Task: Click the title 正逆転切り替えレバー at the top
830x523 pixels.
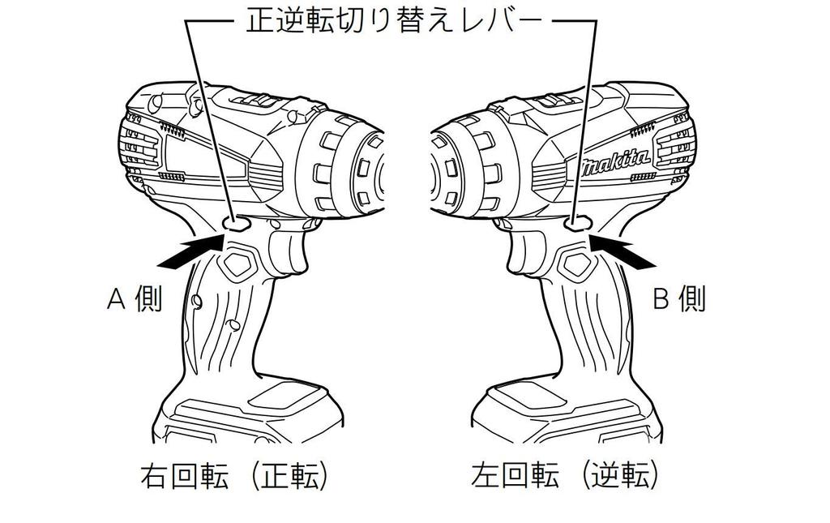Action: [395, 22]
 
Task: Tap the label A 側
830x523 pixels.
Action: [134, 298]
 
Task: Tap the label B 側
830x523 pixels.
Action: [679, 298]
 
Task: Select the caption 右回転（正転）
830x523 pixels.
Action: [234, 476]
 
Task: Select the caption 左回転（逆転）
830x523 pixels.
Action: [565, 476]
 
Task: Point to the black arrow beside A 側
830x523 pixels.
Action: [190, 253]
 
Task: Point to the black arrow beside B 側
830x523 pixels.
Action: [622, 252]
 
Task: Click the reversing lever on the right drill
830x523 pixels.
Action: [576, 223]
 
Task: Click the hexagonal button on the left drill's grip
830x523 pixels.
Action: [237, 264]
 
